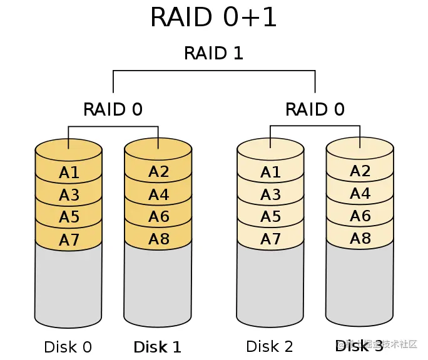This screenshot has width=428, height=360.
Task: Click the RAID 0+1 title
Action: pyautogui.click(x=214, y=17)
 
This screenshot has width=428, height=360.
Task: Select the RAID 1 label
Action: pyautogui.click(x=213, y=53)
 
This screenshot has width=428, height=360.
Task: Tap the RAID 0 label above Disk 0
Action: pyautogui.click(x=113, y=109)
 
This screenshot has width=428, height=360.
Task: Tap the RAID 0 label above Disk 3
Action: pyautogui.click(x=315, y=109)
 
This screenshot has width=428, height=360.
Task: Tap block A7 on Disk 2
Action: pyautogui.click(x=270, y=239)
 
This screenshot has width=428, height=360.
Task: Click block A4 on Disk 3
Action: pyautogui.click(x=360, y=193)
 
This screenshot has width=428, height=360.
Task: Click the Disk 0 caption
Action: pyautogui.click(x=68, y=347)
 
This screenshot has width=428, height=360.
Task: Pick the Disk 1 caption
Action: pyautogui.click(x=157, y=347)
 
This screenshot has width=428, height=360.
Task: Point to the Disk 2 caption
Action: pyautogui.click(x=270, y=346)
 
